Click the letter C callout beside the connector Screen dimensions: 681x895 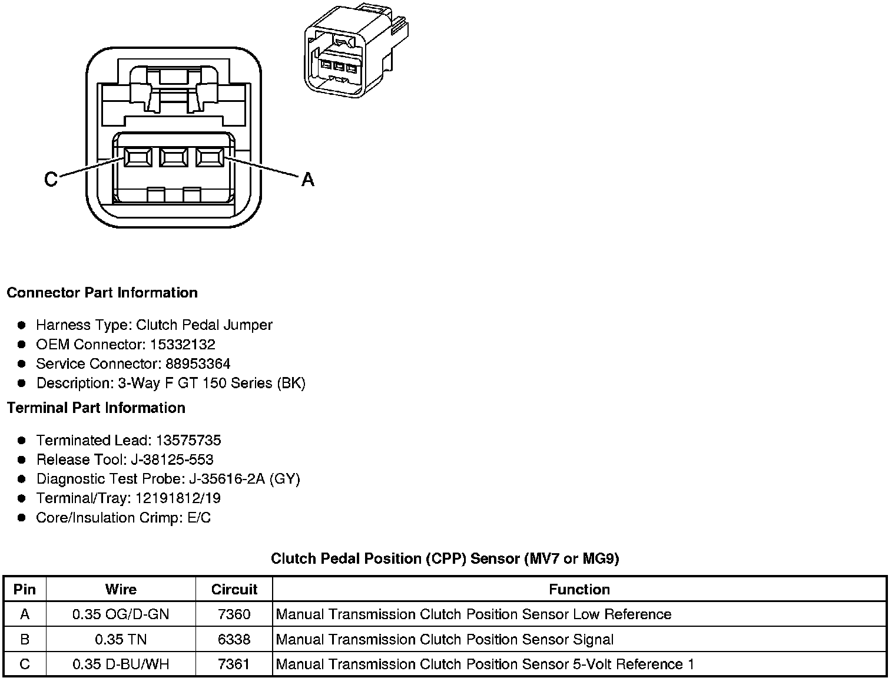[x=51, y=178]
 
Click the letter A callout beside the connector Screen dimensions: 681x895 [x=307, y=178]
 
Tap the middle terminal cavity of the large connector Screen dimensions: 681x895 [x=173, y=157]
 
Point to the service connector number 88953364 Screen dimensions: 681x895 [x=198, y=364]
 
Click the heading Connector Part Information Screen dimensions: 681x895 [x=102, y=293]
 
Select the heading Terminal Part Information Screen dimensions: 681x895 [x=96, y=408]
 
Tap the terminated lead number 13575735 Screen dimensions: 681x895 [x=188, y=441]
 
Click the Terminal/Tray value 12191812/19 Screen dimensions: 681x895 [x=178, y=498]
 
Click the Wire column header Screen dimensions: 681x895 [x=121, y=589]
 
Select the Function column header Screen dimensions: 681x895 [x=579, y=589]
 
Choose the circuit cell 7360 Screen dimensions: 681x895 [x=234, y=614]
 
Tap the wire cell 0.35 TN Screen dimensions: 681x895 [x=121, y=640]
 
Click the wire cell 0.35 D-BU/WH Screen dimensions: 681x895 [x=121, y=665]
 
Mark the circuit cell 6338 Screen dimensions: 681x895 [x=234, y=640]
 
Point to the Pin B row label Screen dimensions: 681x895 [x=25, y=640]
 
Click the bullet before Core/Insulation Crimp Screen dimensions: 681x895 [x=22, y=518]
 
